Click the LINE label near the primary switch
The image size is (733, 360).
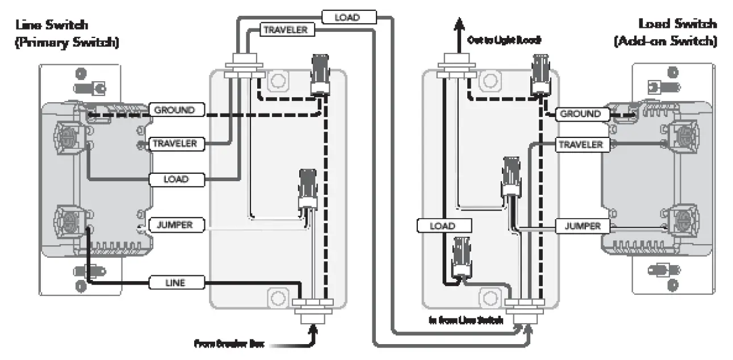tap(175, 282)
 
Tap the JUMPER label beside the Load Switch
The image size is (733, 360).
tap(582, 226)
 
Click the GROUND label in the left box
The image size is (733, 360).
tap(174, 110)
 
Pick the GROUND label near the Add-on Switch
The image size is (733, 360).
tap(580, 114)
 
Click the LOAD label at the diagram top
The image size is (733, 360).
tap(347, 17)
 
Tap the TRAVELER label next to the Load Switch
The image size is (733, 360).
tap(580, 145)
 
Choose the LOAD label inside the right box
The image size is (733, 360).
tap(442, 226)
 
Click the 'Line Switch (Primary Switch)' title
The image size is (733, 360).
tap(67, 33)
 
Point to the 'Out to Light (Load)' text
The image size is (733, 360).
tap(504, 40)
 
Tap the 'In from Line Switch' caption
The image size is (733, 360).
tap(466, 321)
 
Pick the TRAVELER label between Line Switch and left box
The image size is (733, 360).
tap(174, 144)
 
